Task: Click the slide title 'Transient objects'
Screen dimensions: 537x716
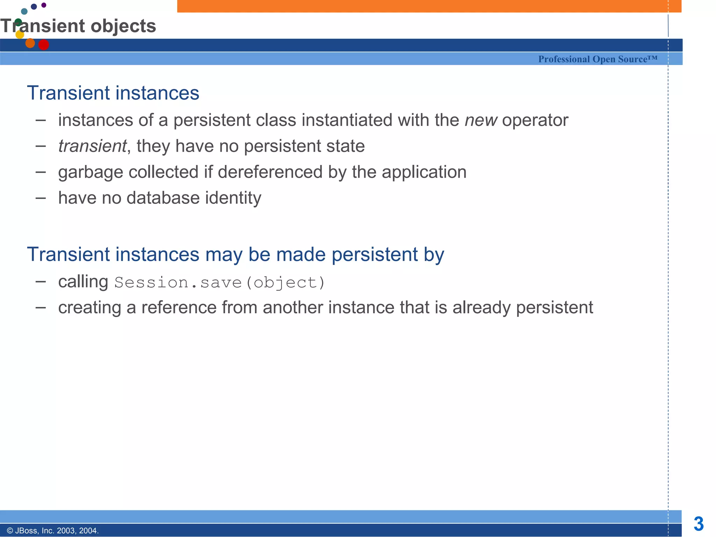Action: pyautogui.click(x=78, y=26)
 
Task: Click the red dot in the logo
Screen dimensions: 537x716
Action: pyautogui.click(x=43, y=45)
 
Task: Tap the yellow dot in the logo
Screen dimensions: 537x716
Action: pyautogui.click(x=20, y=34)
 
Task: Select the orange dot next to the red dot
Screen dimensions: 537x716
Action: pyautogui.click(x=30, y=43)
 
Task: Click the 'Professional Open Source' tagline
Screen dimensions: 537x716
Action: pyautogui.click(x=597, y=59)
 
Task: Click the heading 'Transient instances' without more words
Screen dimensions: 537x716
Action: pyautogui.click(x=113, y=93)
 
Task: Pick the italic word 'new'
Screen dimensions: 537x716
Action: pyautogui.click(x=481, y=120)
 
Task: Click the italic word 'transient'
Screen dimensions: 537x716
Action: pyautogui.click(x=92, y=146)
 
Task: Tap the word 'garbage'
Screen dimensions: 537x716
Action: pyautogui.click(x=90, y=172)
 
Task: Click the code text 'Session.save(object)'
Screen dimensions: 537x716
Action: pyautogui.click(x=220, y=282)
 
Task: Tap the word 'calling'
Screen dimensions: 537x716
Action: pyautogui.click(x=83, y=282)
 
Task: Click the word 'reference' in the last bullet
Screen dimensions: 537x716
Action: pyautogui.click(x=179, y=308)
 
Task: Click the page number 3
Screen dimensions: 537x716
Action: pyautogui.click(x=699, y=524)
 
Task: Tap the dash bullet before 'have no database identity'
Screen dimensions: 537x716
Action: pyautogui.click(x=41, y=198)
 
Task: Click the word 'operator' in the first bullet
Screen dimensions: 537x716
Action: pyautogui.click(x=535, y=120)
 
